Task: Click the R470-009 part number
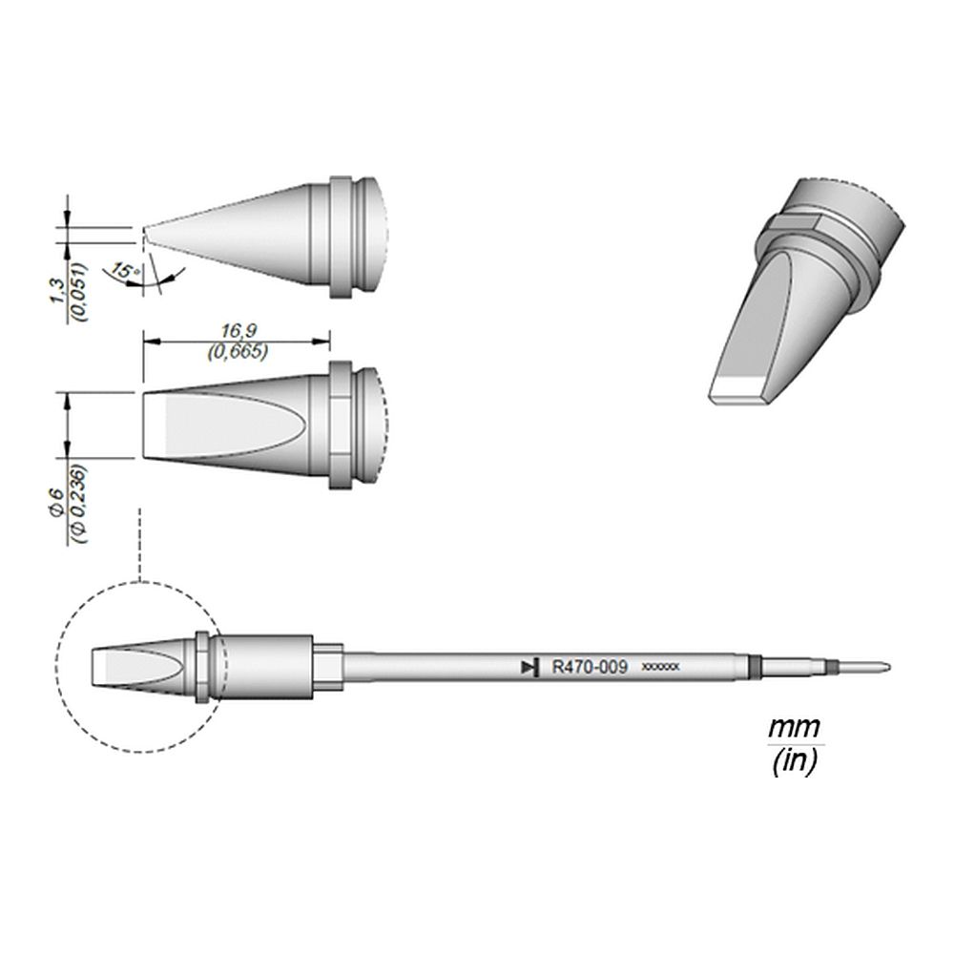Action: [590, 668]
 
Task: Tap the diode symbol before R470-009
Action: [527, 668]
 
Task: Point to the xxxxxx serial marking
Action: [660, 668]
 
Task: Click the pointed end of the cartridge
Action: [887, 667]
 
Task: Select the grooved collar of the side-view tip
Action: [347, 236]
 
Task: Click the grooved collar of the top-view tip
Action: [347, 425]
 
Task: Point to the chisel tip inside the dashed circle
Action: [138, 667]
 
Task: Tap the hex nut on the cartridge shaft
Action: [327, 667]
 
